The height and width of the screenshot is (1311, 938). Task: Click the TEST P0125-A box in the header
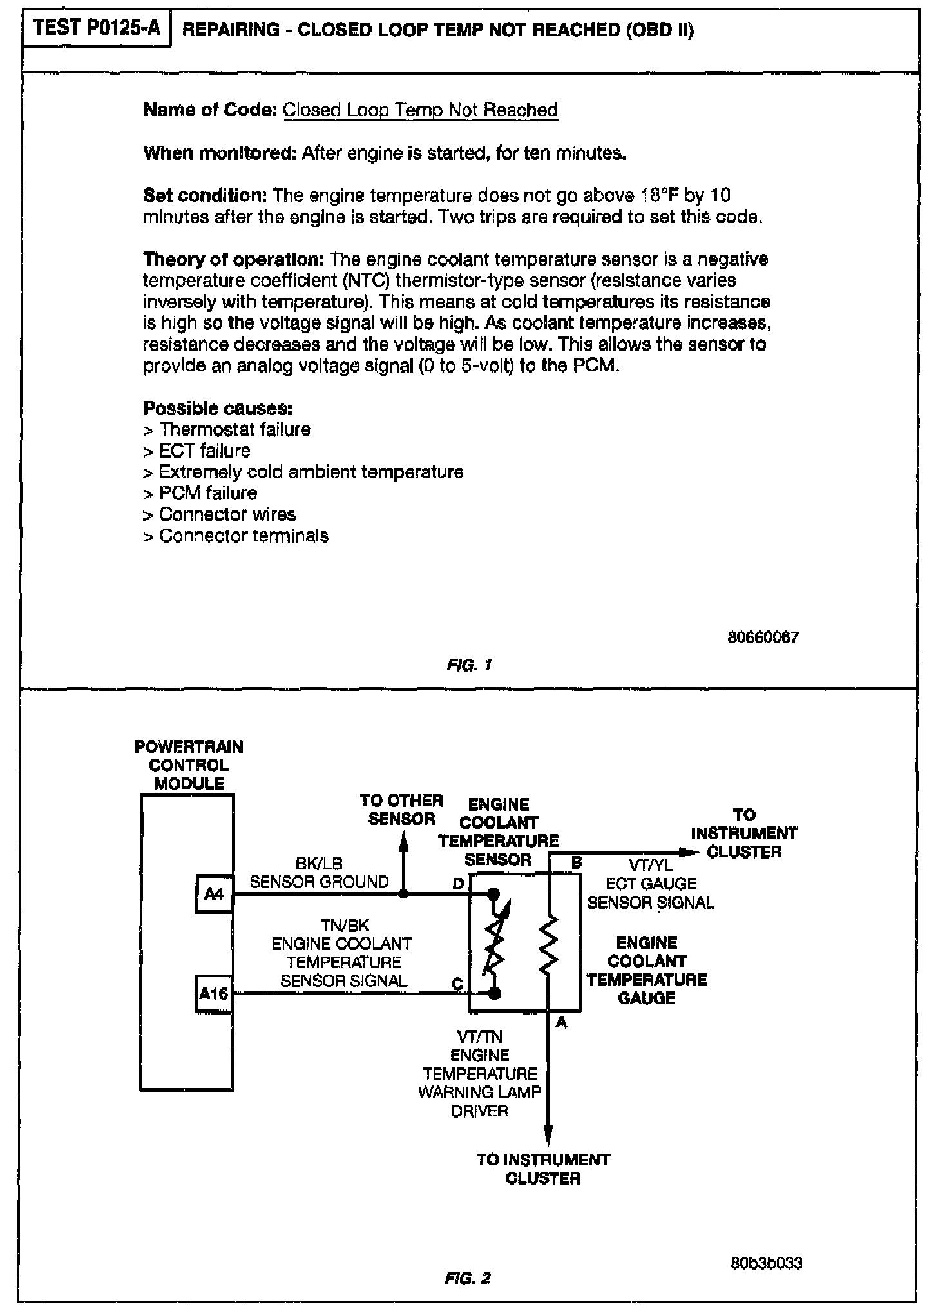pyautogui.click(x=97, y=29)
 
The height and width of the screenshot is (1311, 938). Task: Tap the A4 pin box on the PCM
pyautogui.click(x=214, y=893)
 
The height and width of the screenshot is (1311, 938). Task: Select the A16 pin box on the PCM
pyautogui.click(x=214, y=993)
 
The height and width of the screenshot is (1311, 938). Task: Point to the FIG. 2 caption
pyautogui.click(x=468, y=1277)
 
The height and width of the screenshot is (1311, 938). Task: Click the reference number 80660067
pyautogui.click(x=763, y=637)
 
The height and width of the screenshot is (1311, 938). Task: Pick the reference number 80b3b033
pyautogui.click(x=767, y=1263)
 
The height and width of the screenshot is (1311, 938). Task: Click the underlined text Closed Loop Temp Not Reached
pyautogui.click(x=420, y=110)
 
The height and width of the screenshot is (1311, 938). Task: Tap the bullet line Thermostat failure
pyautogui.click(x=227, y=429)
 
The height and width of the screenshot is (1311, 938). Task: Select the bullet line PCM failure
pyautogui.click(x=200, y=493)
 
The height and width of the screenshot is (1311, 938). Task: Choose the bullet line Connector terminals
pyautogui.click(x=236, y=536)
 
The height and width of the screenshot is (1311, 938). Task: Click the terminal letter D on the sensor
pyautogui.click(x=458, y=884)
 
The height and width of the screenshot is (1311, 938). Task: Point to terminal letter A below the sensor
pyautogui.click(x=560, y=1022)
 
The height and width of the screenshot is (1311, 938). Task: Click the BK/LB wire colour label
pyautogui.click(x=319, y=864)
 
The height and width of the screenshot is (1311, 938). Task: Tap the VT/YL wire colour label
pyautogui.click(x=651, y=866)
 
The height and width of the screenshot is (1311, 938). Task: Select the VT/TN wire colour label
pyautogui.click(x=479, y=1037)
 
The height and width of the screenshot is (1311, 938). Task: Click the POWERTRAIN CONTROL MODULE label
pyautogui.click(x=189, y=765)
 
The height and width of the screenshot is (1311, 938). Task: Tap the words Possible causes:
pyautogui.click(x=218, y=408)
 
